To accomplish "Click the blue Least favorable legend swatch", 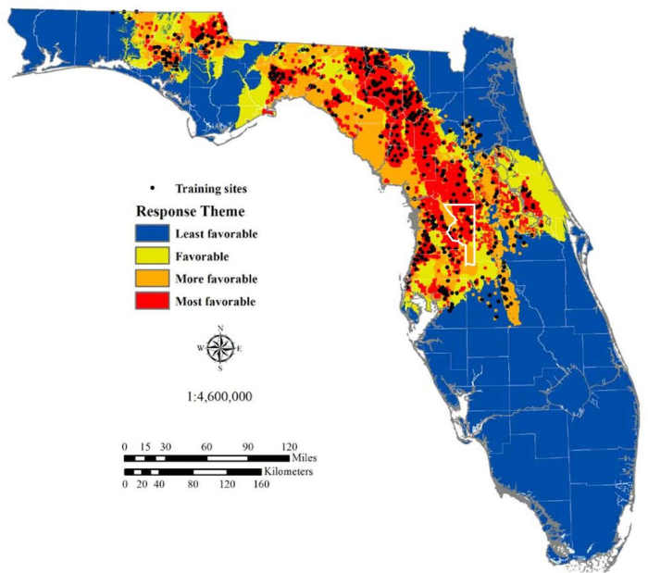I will pos(152,234).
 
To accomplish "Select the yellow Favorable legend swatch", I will pos(152,256).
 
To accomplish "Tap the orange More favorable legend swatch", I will pos(152,279).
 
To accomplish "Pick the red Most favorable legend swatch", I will pos(152,301).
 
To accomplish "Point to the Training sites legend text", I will pos(212,189).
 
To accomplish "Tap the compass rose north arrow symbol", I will pos(220,348).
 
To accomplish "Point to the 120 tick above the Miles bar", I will pos(289,446).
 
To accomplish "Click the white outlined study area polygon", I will pos(460,232).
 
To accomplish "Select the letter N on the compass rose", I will pos(220,329).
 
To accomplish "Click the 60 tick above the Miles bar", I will pos(207,446).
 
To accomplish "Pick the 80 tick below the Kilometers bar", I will pos(193,484).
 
